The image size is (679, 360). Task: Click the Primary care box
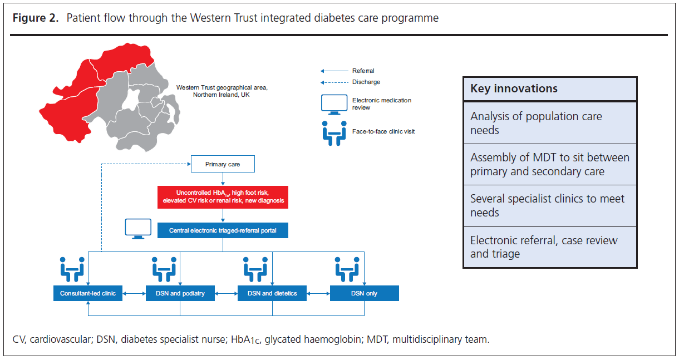pos(223,165)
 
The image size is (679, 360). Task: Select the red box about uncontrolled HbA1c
pos(223,196)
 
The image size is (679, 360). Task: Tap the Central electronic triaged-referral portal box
pos(223,230)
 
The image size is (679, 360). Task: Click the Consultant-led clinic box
pos(88,293)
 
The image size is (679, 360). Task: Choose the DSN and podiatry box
pos(180,293)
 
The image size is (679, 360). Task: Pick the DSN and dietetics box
pos(272,293)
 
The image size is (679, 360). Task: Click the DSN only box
pos(364,293)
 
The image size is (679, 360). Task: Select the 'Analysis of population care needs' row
pos(549,123)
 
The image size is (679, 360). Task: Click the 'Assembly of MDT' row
pos(549,164)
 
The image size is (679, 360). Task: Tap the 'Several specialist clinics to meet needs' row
pos(549,205)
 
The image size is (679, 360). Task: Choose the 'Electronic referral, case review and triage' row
pos(549,247)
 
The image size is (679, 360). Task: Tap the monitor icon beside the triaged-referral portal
pos(137,229)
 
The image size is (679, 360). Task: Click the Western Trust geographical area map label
pos(222,91)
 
